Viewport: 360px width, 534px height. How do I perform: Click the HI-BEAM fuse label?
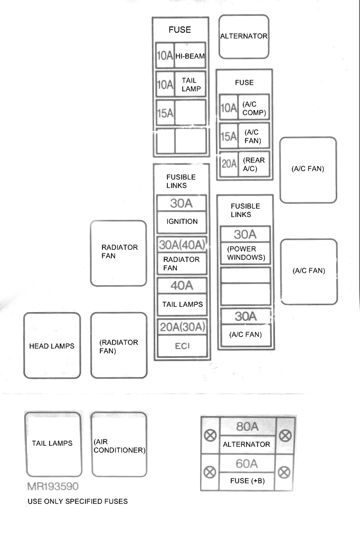pos(190,56)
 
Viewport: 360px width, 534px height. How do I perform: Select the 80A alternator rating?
pos(247,427)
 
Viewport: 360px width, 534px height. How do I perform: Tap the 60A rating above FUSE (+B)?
pos(247,464)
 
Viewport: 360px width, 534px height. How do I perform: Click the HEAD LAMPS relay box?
pos(52,345)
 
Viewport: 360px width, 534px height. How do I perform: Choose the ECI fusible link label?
pos(182,346)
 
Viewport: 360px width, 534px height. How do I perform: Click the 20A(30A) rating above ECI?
pos(182,327)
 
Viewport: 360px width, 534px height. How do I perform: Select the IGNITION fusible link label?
pos(182,222)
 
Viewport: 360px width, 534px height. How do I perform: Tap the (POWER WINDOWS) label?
pos(245,254)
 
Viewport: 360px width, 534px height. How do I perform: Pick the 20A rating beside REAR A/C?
pos(229,164)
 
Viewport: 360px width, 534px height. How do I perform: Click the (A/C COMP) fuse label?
pos(254,109)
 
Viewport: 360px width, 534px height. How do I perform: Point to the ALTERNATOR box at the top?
pos(244,36)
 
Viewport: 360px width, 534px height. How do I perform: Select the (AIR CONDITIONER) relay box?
pos(119,445)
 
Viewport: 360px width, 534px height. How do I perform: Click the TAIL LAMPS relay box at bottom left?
pos(53,444)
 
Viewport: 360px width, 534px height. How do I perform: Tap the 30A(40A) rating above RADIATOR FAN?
pos(182,245)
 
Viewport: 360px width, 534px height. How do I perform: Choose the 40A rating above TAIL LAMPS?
pos(182,286)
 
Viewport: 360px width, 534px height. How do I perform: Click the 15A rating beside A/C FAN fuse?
pos(229,137)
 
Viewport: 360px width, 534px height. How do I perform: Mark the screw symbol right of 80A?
pos(285,435)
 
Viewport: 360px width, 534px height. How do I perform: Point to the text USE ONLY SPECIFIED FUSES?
pos(78,501)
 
